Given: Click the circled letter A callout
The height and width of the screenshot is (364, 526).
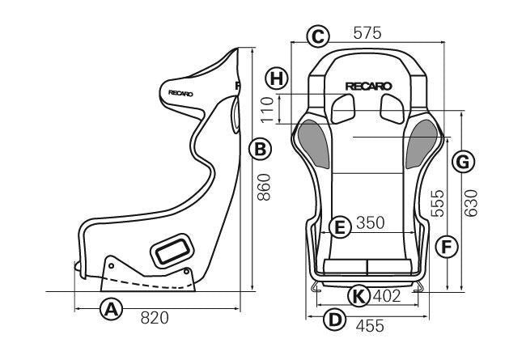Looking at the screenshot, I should pos(111,309).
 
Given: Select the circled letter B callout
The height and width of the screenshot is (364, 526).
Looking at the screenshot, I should pos(260,149).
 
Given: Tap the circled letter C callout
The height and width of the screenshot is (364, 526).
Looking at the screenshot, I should pos(317,36).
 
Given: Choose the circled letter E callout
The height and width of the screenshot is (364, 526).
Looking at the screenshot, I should pos(340,227).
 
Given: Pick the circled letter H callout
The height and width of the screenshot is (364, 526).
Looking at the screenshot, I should pos(277,78).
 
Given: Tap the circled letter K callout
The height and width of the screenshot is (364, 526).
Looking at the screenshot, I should pos(358,296).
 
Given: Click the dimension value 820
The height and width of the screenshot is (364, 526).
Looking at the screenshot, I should pos(155,318).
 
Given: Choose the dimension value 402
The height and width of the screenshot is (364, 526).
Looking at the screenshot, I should pos(386,296).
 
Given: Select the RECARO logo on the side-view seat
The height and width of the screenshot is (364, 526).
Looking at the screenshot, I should pos(180,93).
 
